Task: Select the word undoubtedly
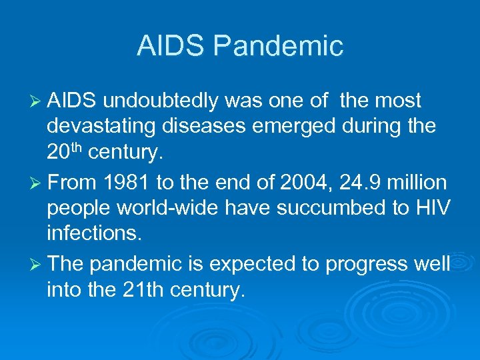coord(162,101)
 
